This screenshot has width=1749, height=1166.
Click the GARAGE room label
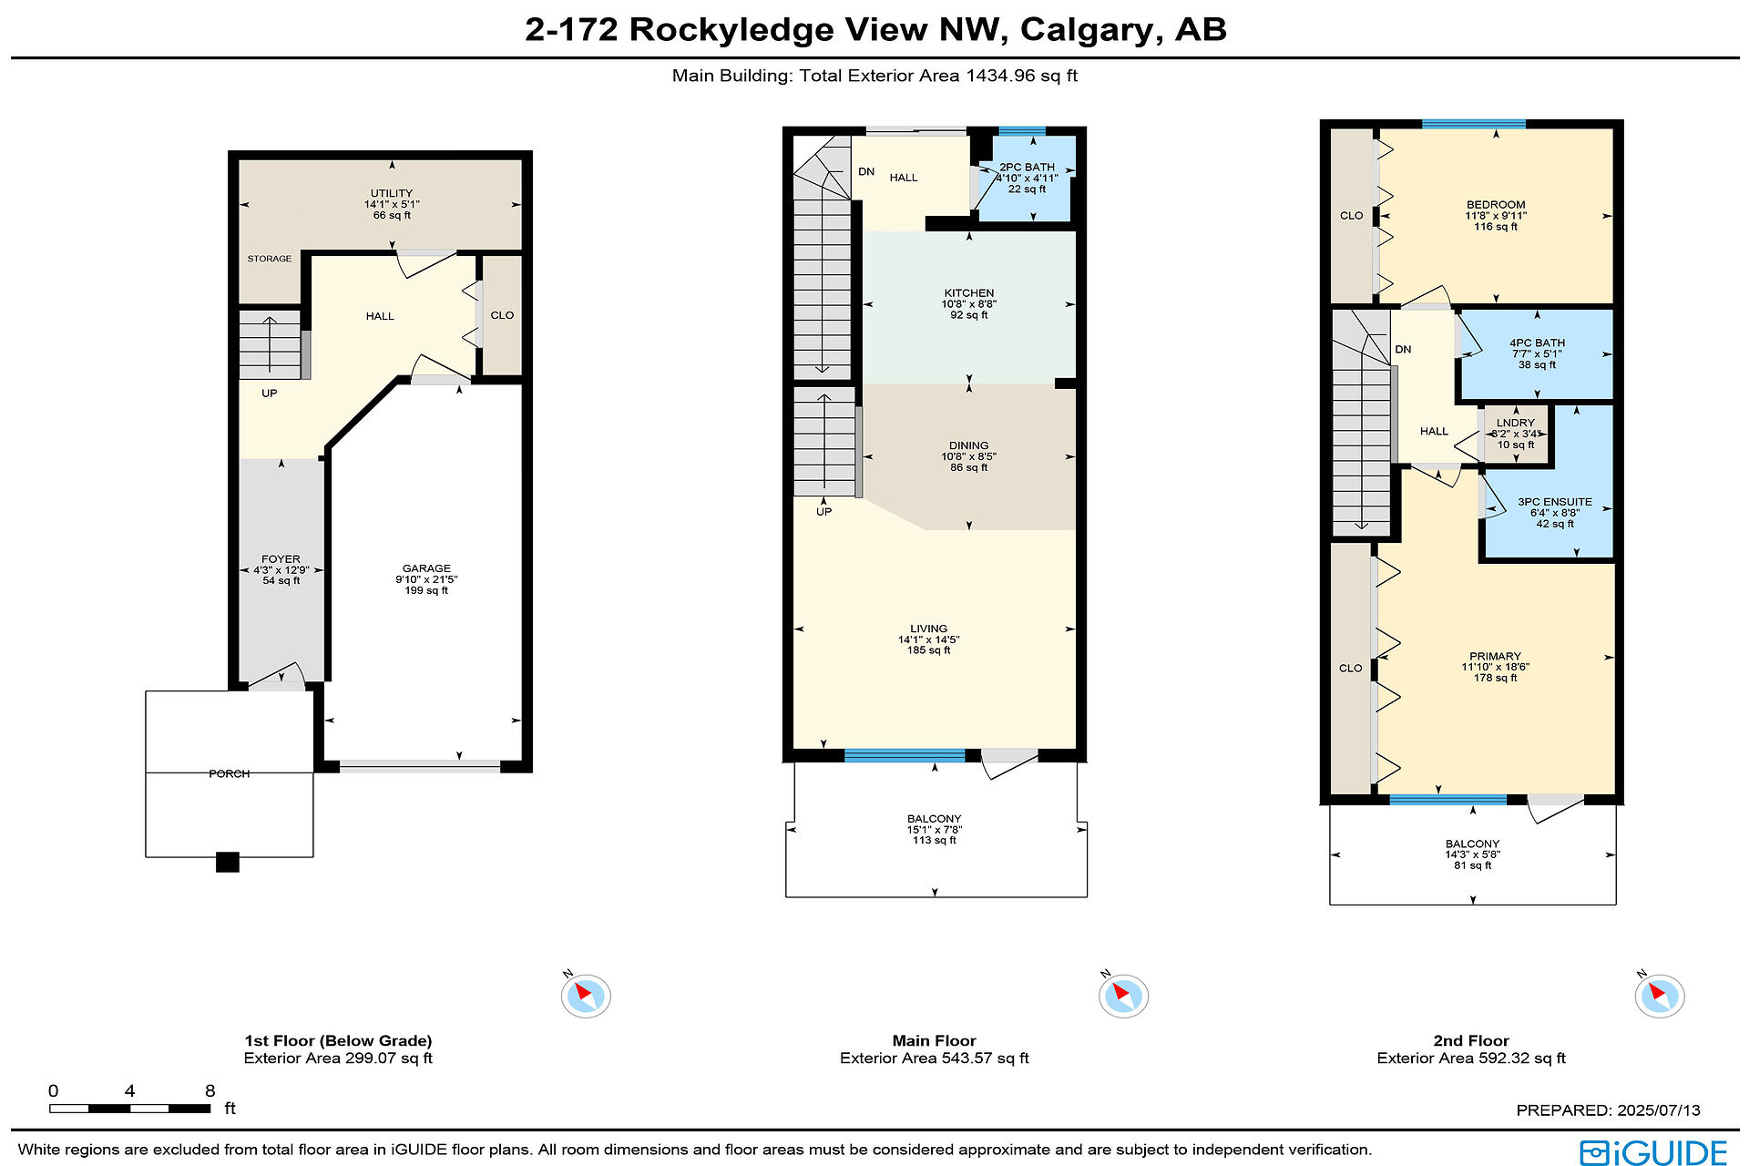[426, 568]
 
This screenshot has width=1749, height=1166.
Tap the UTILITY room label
[392, 193]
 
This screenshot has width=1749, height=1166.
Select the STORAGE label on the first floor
[270, 259]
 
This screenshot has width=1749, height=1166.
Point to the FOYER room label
[281, 559]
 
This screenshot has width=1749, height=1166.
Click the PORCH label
[230, 773]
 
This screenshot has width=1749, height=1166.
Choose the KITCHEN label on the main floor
[969, 293]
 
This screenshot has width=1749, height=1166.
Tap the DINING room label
[968, 445]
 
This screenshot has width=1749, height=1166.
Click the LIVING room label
[928, 629]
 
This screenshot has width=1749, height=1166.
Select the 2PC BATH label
[1027, 167]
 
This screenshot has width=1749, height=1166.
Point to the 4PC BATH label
[1537, 343]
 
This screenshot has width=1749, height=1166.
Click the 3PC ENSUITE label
[1554, 502]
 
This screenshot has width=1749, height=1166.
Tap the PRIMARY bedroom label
[1495, 656]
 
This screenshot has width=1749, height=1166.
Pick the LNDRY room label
[1515, 423]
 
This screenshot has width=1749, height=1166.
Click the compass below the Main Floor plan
[1123, 995]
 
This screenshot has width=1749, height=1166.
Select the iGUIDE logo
[1653, 1151]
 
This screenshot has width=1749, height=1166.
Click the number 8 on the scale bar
[210, 1090]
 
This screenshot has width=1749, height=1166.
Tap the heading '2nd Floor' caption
[1471, 1040]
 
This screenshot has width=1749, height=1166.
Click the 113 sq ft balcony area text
[935, 840]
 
